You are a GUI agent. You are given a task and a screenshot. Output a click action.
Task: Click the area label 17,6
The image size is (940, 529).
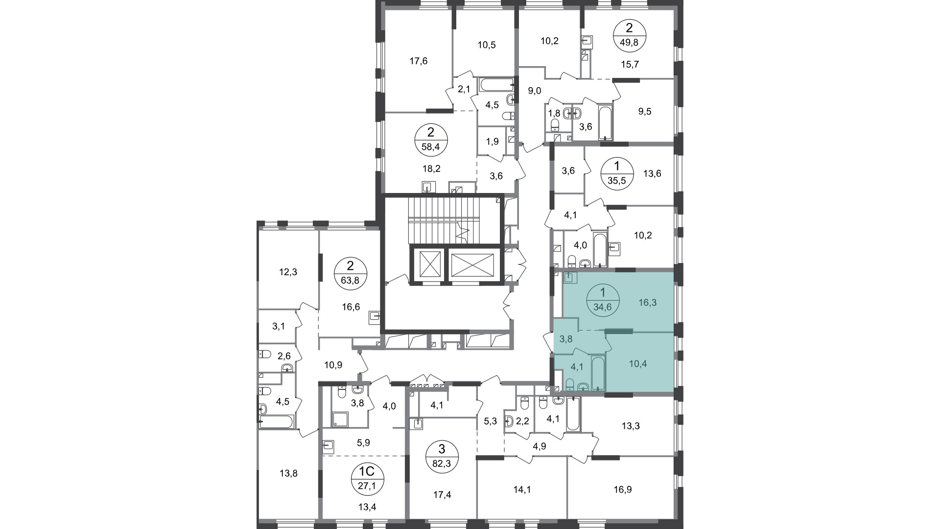pos(418,61)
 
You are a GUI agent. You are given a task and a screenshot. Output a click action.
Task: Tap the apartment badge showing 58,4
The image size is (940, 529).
pos(431,140)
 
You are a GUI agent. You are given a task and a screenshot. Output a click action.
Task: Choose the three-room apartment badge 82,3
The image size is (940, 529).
pos(442,457)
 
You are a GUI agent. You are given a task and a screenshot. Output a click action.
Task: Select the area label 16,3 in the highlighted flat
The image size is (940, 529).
pos(647,303)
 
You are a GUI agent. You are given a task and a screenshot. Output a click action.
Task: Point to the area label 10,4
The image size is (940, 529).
pos(637,364)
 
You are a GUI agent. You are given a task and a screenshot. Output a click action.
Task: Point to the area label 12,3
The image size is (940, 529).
pos(288,272)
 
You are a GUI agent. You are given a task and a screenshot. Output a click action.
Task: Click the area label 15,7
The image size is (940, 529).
pos(630,64)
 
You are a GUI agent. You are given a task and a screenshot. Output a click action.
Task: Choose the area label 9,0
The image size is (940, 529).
pos(534,91)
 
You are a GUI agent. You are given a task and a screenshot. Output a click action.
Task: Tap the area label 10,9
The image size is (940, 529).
pos(333,364)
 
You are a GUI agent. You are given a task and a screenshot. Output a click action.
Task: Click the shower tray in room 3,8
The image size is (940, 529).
pos(340,419)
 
